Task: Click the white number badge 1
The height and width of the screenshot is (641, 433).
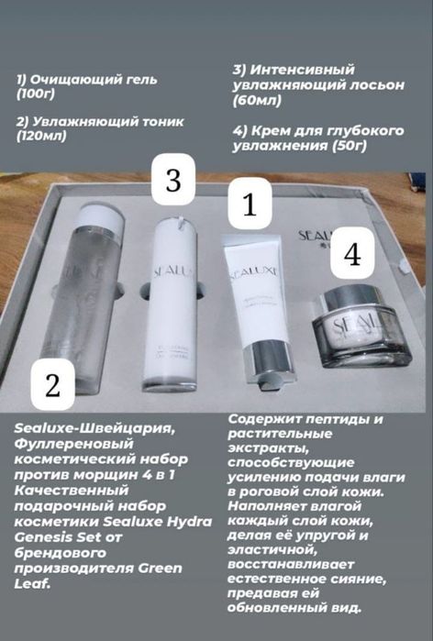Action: [x=249, y=204]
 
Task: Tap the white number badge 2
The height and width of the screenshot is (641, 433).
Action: [x=52, y=384]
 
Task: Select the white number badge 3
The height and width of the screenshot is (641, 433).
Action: [x=172, y=180]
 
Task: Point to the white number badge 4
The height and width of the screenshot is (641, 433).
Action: [x=351, y=255]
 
